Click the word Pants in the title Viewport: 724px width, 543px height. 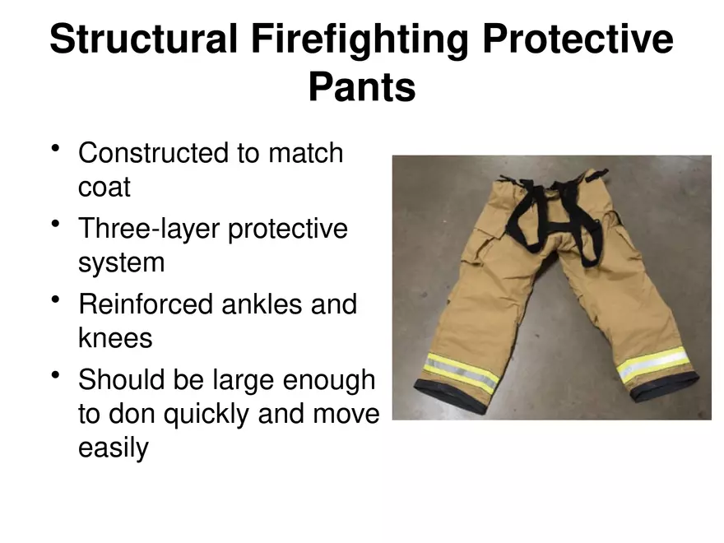pos(361,87)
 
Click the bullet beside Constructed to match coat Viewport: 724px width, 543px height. pos(56,149)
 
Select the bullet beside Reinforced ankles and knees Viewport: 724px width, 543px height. pos(56,300)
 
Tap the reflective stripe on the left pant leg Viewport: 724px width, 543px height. pos(462,371)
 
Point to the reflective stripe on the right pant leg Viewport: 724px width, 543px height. pos(653,364)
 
